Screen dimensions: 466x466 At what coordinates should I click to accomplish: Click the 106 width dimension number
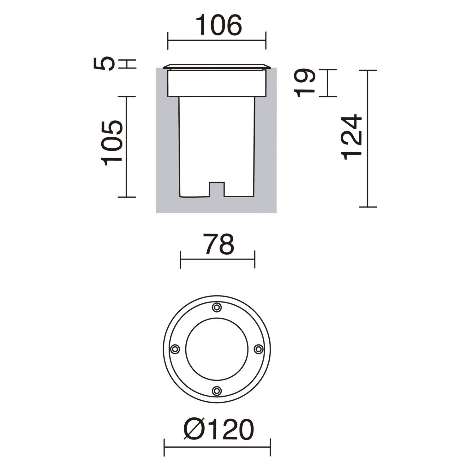tap(219, 25)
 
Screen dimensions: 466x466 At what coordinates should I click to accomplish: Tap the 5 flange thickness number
tap(104, 64)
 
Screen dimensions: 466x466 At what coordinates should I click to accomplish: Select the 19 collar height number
tap(305, 83)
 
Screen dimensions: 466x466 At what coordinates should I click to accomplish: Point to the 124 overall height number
tap(351, 137)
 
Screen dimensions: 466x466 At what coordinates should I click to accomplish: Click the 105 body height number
tap(111, 143)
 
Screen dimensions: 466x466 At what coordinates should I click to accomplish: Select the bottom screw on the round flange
tap(217, 391)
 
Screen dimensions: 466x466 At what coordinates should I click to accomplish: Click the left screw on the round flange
tap(175, 349)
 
